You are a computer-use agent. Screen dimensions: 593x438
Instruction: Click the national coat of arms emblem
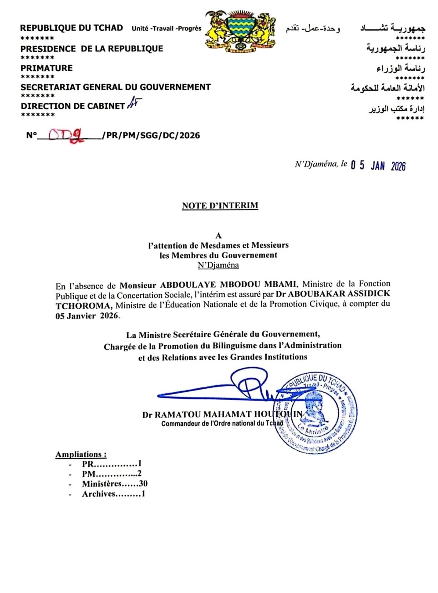pyautogui.click(x=240, y=31)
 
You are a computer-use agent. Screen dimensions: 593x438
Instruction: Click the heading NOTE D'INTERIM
pyautogui.click(x=220, y=206)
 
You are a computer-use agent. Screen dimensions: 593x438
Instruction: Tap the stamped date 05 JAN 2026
pyautogui.click(x=378, y=166)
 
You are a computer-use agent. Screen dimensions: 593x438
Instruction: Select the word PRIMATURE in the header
pyautogui.click(x=47, y=68)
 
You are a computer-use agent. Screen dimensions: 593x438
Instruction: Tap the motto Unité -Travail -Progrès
pyautogui.click(x=167, y=29)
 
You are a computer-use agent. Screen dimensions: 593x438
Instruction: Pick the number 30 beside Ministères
pyautogui.click(x=143, y=484)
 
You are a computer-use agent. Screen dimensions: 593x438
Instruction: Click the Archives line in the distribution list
pyautogui.click(x=113, y=494)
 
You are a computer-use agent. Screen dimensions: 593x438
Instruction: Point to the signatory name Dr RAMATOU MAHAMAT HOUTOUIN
pyautogui.click(x=222, y=414)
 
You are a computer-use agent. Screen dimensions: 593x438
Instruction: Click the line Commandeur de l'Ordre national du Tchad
pyautogui.click(x=222, y=423)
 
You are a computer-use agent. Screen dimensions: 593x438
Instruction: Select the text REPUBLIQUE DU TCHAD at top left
pyautogui.click(x=72, y=28)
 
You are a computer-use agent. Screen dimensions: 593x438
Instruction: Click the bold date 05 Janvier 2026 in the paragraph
pyautogui.click(x=87, y=316)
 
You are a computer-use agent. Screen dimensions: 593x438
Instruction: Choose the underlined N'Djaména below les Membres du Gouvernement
pyautogui.click(x=218, y=265)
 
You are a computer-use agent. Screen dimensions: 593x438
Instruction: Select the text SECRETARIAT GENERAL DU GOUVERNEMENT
pyautogui.click(x=116, y=87)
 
